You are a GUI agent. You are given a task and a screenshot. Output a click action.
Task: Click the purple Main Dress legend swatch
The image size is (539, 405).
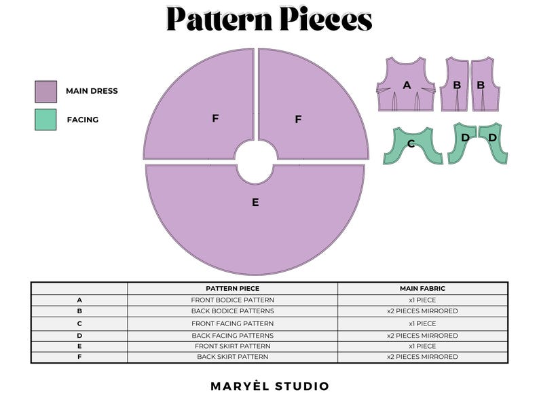[x=45, y=91]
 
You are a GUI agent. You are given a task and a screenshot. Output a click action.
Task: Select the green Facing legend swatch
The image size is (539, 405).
[x=45, y=120]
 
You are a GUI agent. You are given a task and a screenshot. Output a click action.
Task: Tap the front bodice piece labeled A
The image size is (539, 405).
[x=407, y=85]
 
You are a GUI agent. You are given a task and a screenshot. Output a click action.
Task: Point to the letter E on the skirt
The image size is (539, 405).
[x=255, y=202]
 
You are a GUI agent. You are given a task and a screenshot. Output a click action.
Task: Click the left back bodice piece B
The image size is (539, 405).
[x=456, y=85]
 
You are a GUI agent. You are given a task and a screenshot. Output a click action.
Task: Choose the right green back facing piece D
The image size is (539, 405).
[x=494, y=139]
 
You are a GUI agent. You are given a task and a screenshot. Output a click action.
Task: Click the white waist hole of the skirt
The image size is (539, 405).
[x=256, y=163]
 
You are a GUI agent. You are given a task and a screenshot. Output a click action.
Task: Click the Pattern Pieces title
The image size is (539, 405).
[x=269, y=19]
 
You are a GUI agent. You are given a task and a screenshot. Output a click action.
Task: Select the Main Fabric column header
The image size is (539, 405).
[x=422, y=288]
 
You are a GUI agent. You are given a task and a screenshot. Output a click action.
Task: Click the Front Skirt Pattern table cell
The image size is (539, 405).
[x=232, y=346]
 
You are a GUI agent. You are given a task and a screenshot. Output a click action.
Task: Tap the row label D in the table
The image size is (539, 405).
[x=79, y=335]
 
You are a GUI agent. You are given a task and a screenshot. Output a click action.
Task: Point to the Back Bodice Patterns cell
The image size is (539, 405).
[x=232, y=311]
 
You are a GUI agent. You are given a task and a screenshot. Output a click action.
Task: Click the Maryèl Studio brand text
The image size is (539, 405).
[x=269, y=386]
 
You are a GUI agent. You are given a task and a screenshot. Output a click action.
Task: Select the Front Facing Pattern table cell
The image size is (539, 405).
[x=232, y=323]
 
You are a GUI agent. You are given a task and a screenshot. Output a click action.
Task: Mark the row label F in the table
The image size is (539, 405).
[x=79, y=357]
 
